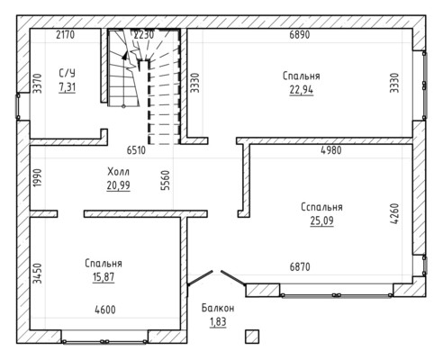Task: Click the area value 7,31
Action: [68, 87]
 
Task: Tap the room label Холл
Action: [119, 172]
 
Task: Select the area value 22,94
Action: [302, 89]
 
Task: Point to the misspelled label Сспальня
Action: [321, 207]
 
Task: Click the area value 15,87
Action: [104, 277]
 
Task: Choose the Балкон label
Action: [218, 308]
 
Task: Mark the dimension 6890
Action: [300, 35]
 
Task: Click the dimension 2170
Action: [65, 35]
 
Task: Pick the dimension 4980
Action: [331, 150]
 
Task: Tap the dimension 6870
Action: [300, 266]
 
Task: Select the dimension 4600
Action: [105, 310]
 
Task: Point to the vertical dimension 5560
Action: [166, 180]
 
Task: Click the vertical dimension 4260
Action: [395, 213]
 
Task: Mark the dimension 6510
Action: [136, 150]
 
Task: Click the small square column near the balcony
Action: [252, 337]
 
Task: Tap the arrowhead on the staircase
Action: [125, 55]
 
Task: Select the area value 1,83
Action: [218, 321]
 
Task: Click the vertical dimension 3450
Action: [38, 274]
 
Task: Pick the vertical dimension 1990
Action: [38, 178]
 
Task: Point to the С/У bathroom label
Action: [67, 73]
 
